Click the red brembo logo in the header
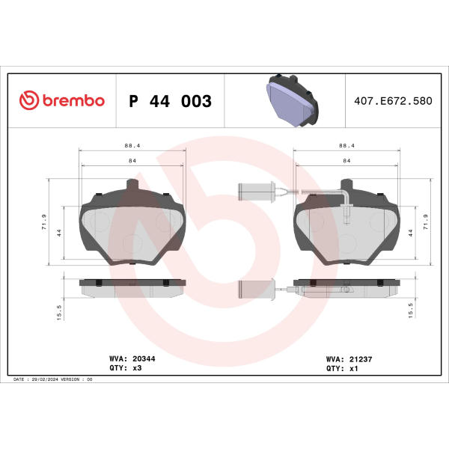tap(62, 100)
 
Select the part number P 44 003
tap(171, 101)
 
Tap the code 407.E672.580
tap(393, 101)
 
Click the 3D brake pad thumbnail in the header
tap(292, 100)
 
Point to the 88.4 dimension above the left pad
tap(132, 145)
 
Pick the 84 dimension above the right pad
tap(346, 161)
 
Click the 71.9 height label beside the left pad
tap(44, 222)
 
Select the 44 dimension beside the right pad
tap(411, 233)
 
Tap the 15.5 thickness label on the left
tap(59, 312)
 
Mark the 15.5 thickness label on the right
tap(410, 311)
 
